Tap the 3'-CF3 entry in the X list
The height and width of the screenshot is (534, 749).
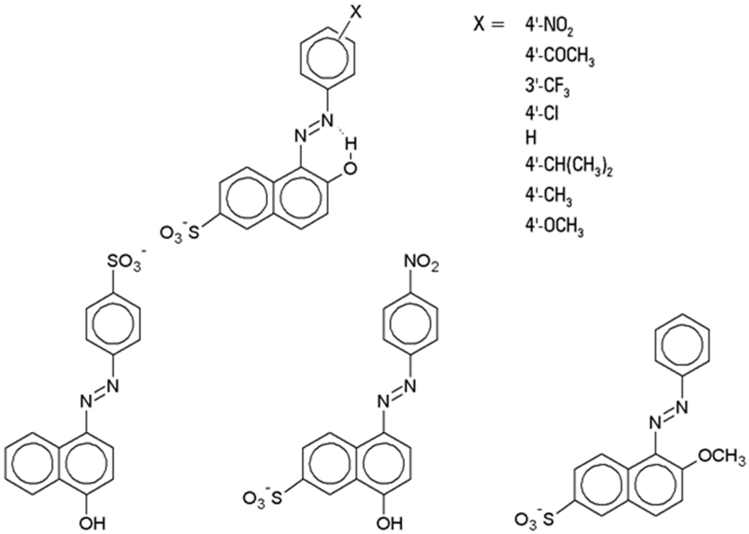tap(547, 87)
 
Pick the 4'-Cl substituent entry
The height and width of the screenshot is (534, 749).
tap(542, 114)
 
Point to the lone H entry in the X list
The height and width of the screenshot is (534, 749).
tap(531, 138)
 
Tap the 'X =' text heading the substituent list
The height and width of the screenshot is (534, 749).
tap(489, 25)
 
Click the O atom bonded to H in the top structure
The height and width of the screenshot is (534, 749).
tap(351, 168)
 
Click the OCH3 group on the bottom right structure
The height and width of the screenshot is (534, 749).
tap(722, 456)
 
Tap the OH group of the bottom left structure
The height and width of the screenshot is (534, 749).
tap(92, 523)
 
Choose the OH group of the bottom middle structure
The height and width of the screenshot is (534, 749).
tap(389, 523)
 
